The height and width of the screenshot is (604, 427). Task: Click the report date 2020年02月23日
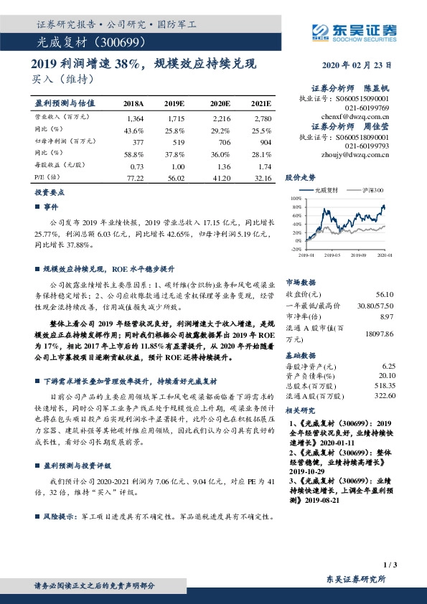[x=362, y=65]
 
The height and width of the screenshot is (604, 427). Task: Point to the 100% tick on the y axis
[x=296, y=198]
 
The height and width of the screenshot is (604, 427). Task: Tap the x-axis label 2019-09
[x=360, y=255]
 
